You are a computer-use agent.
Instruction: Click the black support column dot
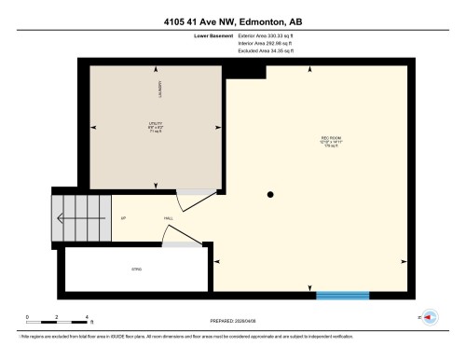tap(270, 195)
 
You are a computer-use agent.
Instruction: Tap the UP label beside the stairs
tap(123, 219)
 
